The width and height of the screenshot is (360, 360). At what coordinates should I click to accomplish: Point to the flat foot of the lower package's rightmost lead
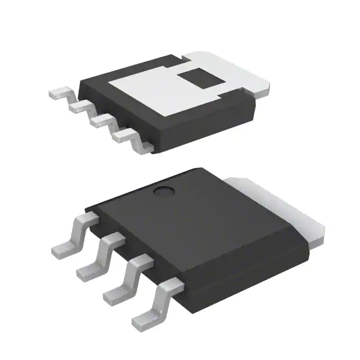click(x=143, y=322)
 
